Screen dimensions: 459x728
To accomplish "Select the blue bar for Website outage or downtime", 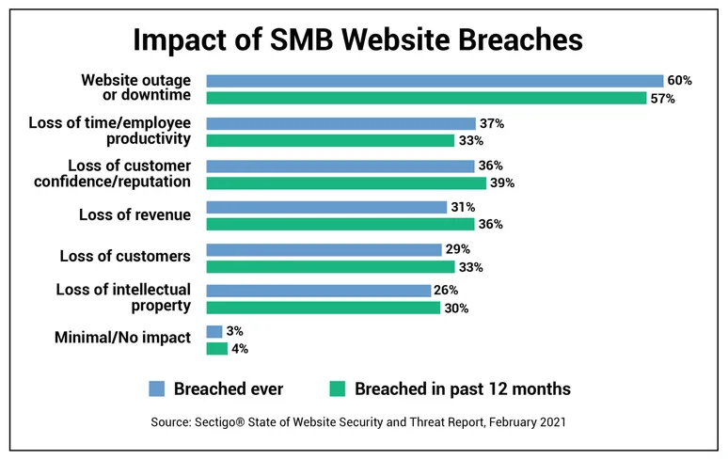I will click(435, 81).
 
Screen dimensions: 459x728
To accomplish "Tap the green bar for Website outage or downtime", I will click(426, 99).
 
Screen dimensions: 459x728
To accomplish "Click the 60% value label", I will click(678, 81).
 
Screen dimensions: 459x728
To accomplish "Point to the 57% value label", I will click(661, 99).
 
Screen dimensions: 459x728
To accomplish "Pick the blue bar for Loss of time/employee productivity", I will click(340, 123).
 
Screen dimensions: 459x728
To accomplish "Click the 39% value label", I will click(501, 182).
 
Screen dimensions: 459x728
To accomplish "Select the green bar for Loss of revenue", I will click(340, 224).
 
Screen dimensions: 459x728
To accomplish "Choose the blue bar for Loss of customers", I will click(324, 249).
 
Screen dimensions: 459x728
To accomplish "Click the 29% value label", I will click(458, 249).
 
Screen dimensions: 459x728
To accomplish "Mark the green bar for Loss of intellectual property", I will click(323, 308).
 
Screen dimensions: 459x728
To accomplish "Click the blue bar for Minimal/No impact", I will click(214, 332).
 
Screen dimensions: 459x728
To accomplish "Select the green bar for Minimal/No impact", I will click(216, 349).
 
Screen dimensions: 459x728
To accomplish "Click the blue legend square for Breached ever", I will click(157, 388).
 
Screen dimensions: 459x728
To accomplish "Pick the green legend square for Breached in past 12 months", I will click(336, 388).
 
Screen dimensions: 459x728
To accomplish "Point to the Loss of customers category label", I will click(125, 256).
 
